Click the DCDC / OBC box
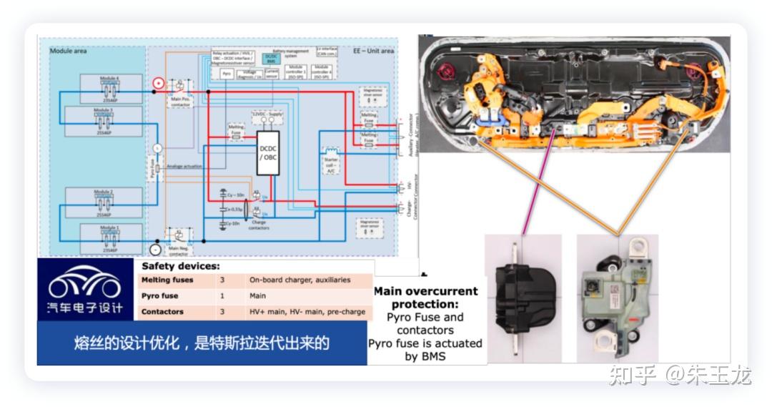(x=268, y=152)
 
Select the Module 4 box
(x=111, y=87)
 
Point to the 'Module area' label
(x=69, y=52)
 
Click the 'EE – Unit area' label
(x=373, y=52)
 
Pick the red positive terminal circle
(x=158, y=84)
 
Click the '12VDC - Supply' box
(x=267, y=114)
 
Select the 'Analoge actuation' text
(x=184, y=167)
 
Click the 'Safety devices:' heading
(x=172, y=266)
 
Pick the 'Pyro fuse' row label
(x=160, y=296)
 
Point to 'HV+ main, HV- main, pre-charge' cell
(x=307, y=312)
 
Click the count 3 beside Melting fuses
(x=222, y=280)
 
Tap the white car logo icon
(x=84, y=285)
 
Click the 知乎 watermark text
(x=632, y=374)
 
